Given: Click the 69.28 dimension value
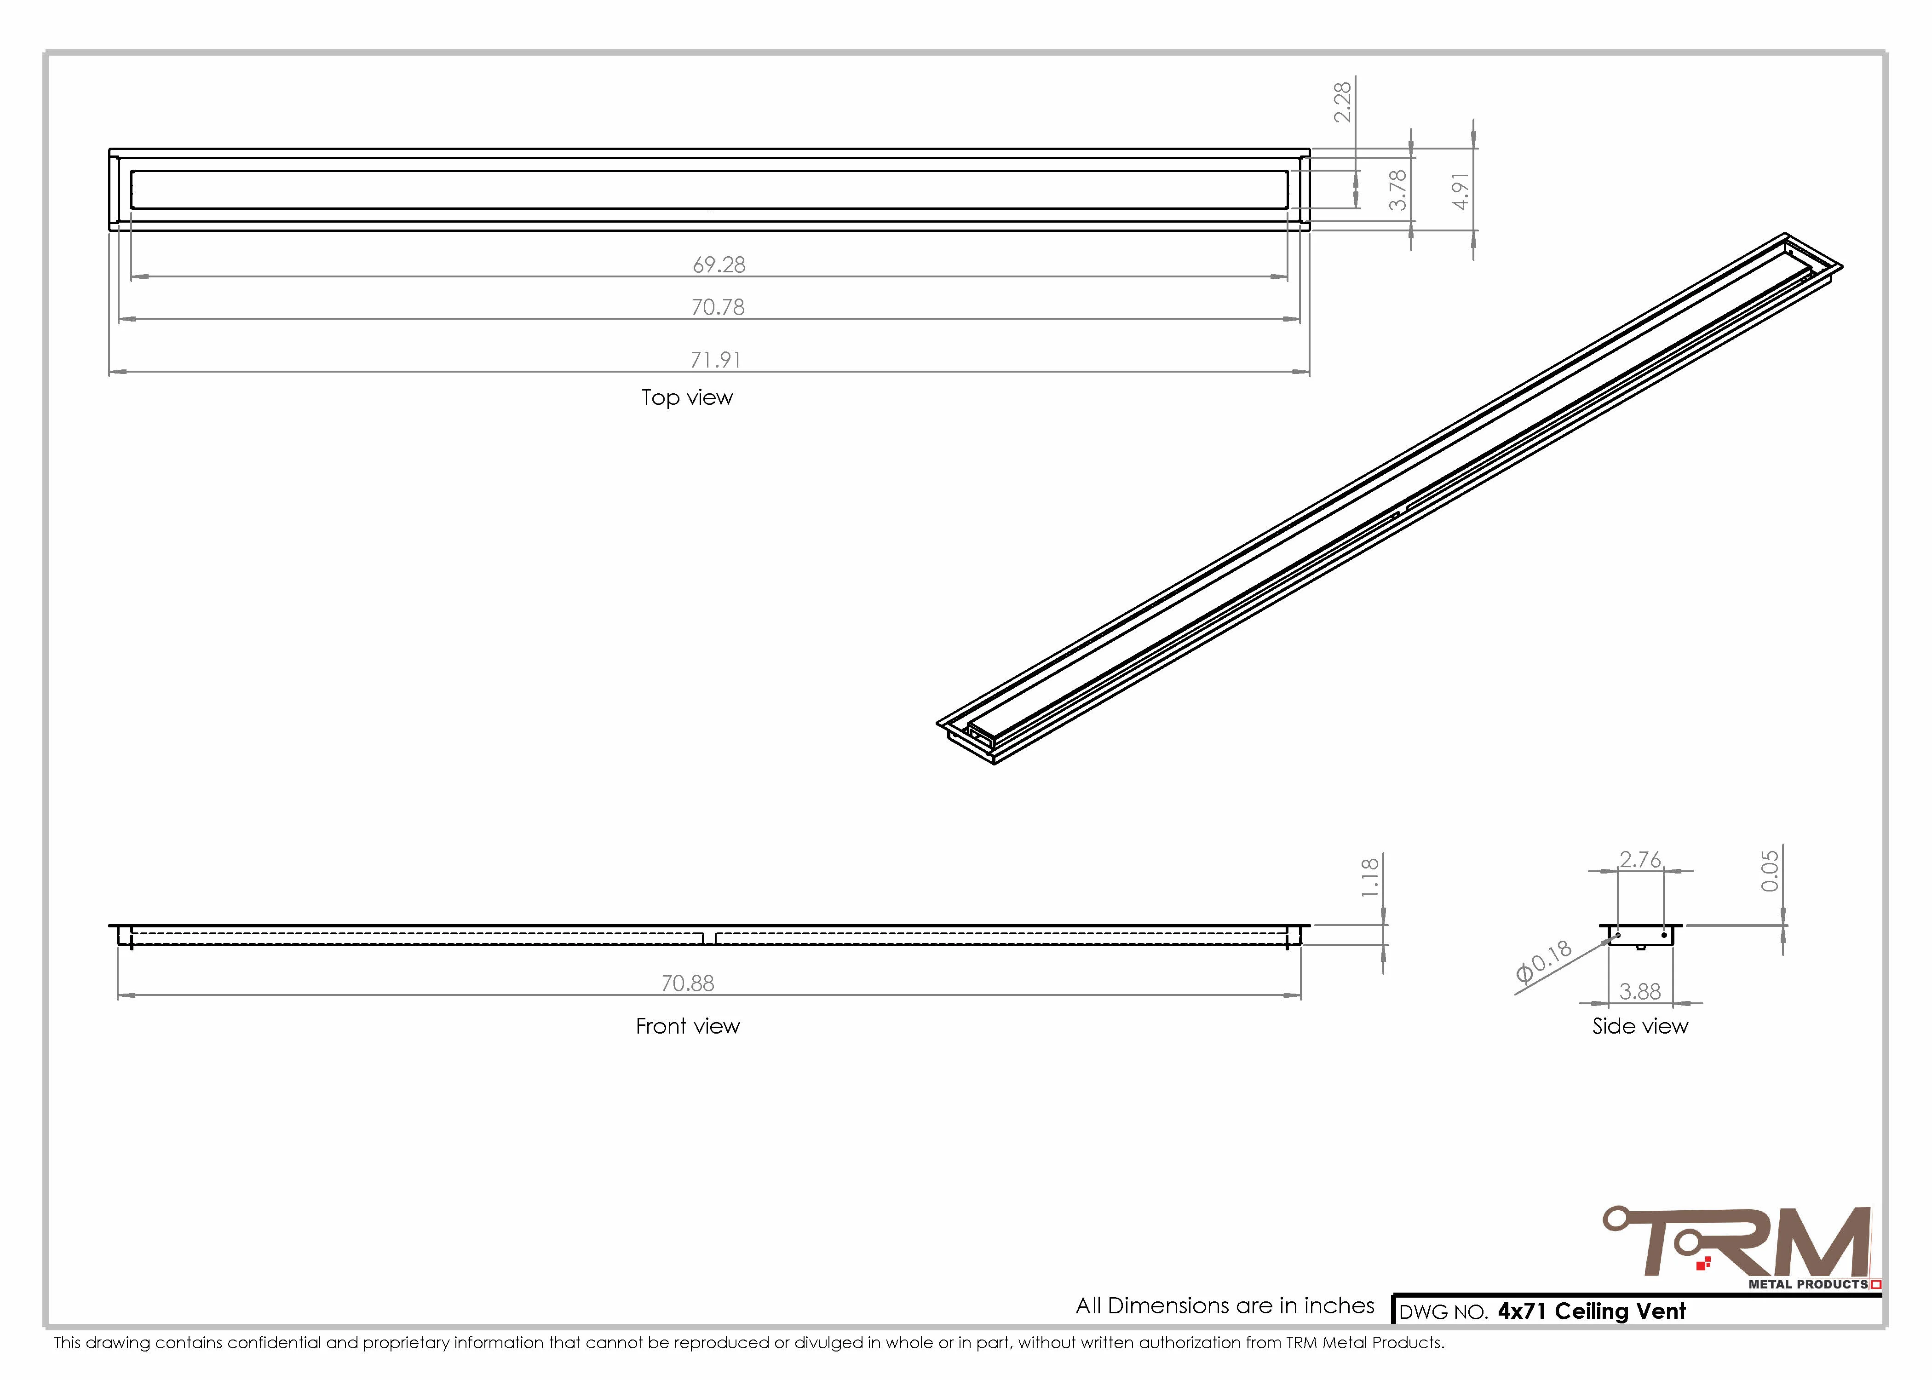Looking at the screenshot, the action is (x=719, y=265).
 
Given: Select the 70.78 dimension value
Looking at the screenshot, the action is (x=718, y=307).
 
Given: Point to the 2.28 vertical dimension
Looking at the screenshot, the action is (x=1342, y=102).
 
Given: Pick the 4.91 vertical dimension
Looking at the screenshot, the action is (x=1460, y=191).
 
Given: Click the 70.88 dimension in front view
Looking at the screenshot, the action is (x=687, y=983).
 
